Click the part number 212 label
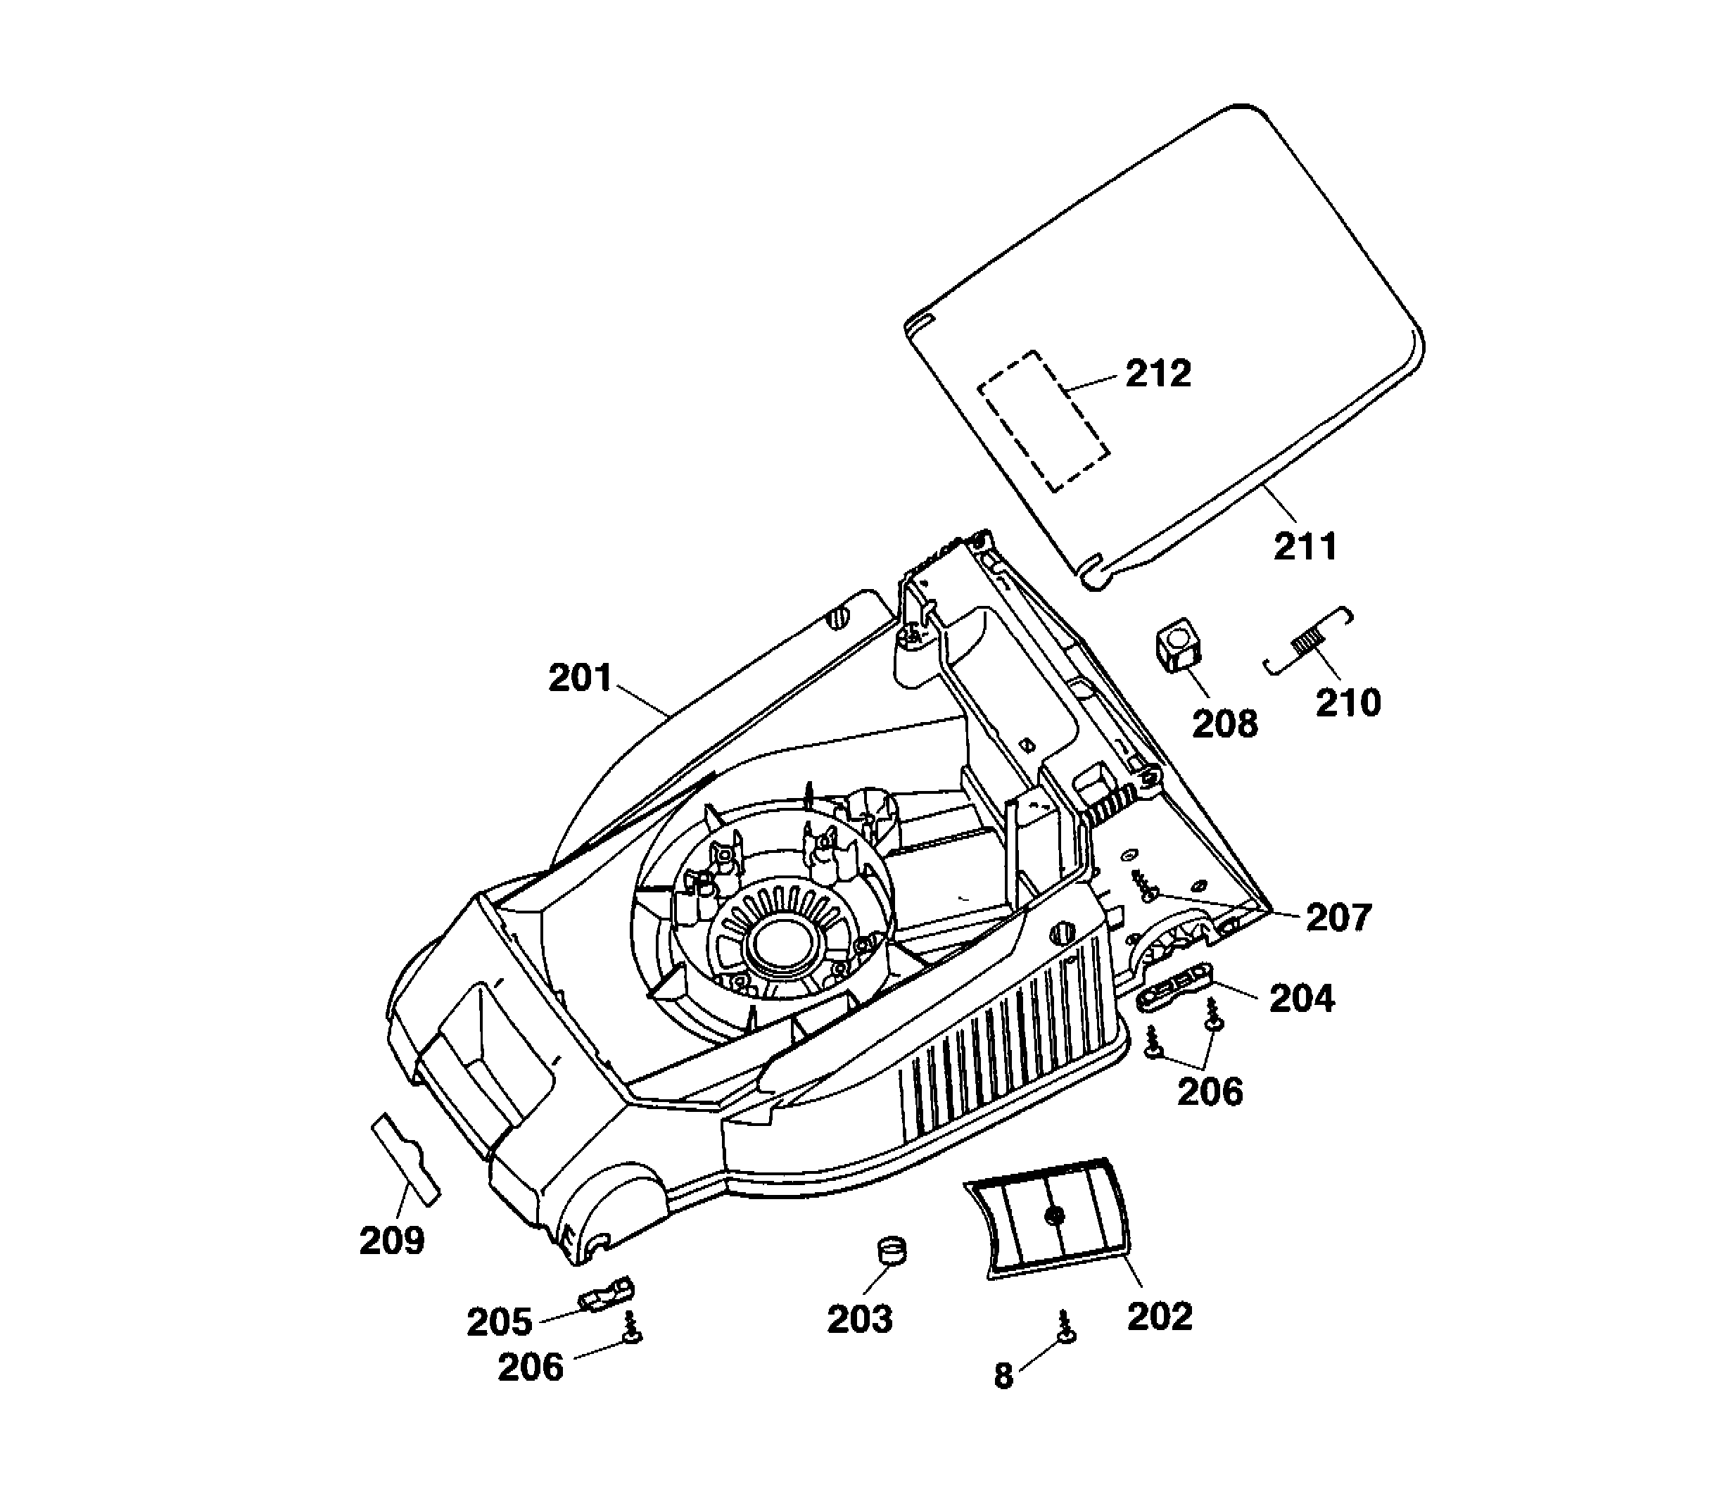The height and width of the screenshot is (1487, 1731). click(x=1158, y=374)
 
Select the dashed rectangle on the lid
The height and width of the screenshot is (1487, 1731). click(x=1044, y=420)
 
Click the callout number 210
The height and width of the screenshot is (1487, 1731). click(x=1348, y=702)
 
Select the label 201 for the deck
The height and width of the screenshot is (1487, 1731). click(x=581, y=678)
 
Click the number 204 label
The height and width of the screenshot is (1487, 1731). click(x=1302, y=999)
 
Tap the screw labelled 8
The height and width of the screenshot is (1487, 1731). click(x=1065, y=1327)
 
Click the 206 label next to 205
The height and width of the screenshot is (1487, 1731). click(x=531, y=1367)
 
